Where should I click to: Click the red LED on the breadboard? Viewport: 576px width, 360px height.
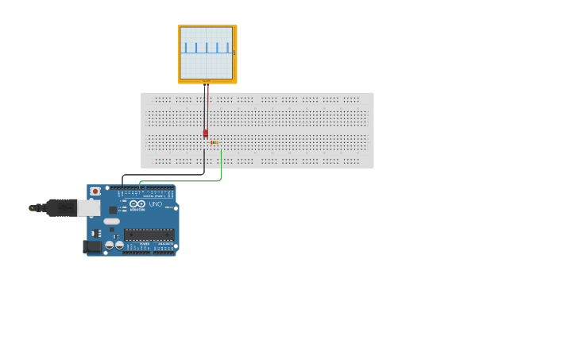coord(205,134)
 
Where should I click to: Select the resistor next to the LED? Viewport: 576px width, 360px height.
coord(215,143)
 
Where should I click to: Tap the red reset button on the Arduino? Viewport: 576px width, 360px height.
coord(95,192)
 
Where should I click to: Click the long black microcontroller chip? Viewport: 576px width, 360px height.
coord(149,234)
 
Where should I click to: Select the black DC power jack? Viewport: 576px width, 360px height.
coord(92,247)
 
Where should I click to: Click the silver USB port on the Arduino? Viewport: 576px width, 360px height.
coord(88,208)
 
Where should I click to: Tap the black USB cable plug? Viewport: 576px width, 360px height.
coord(61,208)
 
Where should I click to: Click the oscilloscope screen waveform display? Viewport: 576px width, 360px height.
coord(207,52)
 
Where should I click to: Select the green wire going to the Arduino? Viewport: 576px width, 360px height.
coord(183,181)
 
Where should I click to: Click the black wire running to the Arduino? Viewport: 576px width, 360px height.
coord(163,174)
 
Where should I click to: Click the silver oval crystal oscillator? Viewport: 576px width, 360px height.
coord(111,222)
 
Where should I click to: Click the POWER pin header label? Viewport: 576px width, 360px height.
coord(144,244)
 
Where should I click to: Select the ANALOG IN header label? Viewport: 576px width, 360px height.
coord(164,244)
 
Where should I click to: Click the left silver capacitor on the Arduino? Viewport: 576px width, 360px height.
coord(109,246)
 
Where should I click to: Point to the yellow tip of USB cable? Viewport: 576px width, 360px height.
coord(33,208)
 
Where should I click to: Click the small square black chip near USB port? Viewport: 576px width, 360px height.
coord(113,210)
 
